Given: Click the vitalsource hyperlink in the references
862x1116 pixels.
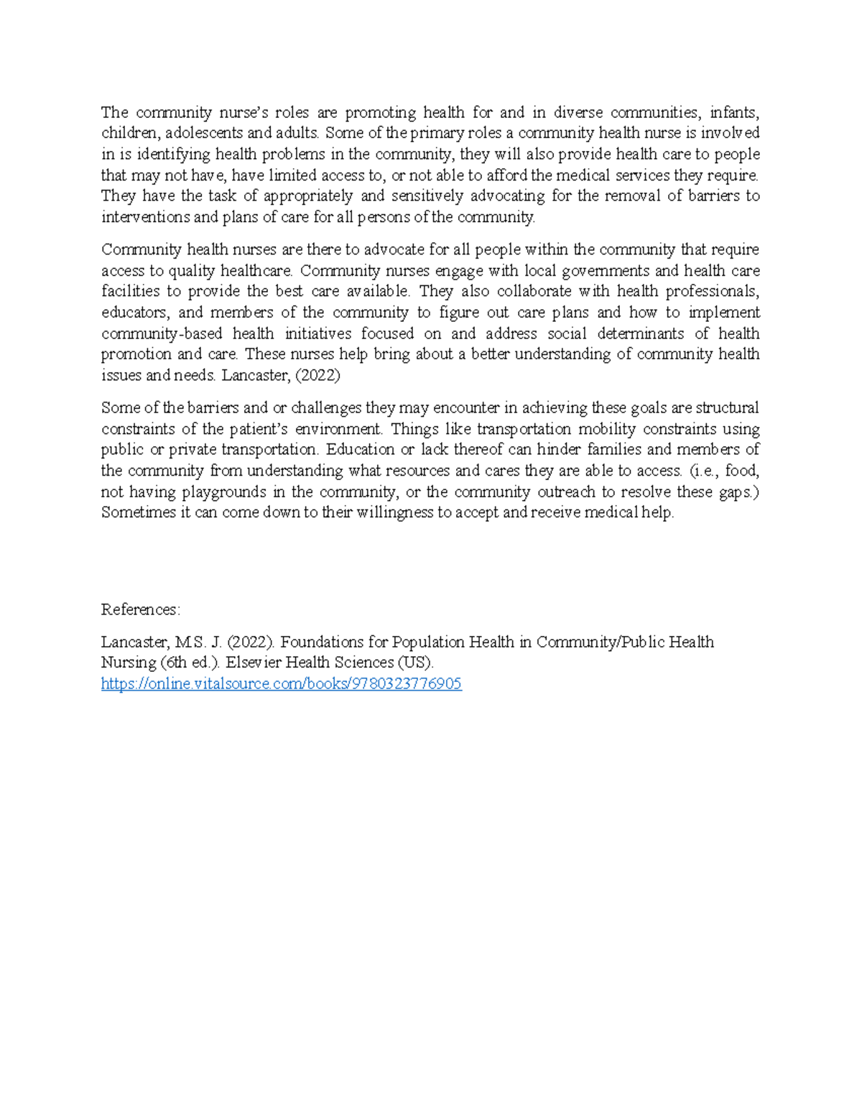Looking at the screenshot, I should [x=281, y=683].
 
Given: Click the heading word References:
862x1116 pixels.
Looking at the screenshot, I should [x=141, y=609].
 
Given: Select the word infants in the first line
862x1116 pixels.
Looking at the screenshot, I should [x=733, y=112].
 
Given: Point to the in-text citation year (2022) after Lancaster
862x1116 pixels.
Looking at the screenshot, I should [x=318, y=374].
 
